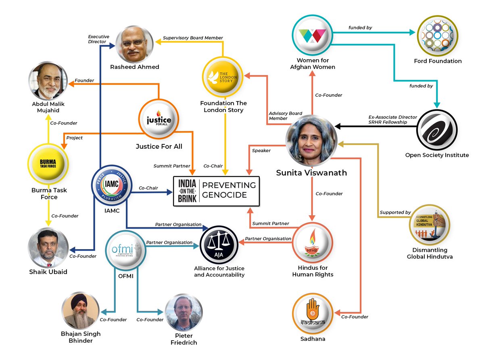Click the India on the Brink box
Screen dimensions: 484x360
coord(216,191)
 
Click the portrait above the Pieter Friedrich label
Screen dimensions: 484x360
coord(184,312)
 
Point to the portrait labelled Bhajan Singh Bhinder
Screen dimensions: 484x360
coord(81,311)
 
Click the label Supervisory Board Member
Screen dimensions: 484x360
coord(193,38)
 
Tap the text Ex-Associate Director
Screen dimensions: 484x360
coord(393,117)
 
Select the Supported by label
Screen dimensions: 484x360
coord(395,212)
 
